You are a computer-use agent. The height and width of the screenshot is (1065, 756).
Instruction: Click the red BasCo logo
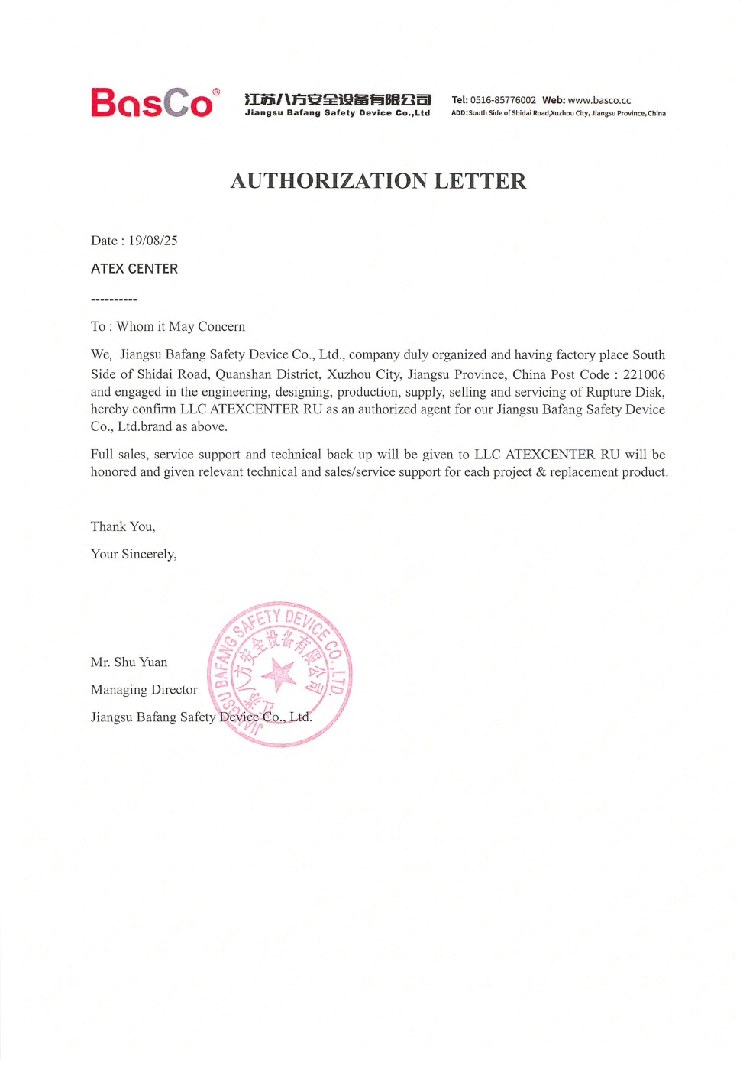[x=152, y=103]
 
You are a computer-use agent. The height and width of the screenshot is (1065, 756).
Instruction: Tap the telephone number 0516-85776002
[x=502, y=100]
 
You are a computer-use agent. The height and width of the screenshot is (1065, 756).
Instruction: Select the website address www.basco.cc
[x=599, y=100]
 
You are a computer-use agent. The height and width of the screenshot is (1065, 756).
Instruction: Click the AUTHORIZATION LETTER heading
[x=378, y=181]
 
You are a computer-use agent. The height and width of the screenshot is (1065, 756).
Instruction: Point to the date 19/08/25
[x=153, y=241]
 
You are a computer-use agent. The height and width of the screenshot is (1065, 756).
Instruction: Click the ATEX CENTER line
[x=134, y=269]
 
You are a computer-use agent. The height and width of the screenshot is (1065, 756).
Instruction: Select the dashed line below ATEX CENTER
[x=114, y=299]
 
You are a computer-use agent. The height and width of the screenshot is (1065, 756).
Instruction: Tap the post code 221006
[x=644, y=374]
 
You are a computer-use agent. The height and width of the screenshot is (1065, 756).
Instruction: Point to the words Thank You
[x=123, y=526]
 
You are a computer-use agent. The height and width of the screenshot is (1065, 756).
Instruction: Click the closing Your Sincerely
[x=134, y=554]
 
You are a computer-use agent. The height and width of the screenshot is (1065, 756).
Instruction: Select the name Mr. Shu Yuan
[x=129, y=662]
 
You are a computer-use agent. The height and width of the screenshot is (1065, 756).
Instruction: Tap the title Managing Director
[x=144, y=690]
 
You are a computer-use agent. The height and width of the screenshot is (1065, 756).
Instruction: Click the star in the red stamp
[x=279, y=675]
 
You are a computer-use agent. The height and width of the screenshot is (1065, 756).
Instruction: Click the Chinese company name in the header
[x=338, y=99]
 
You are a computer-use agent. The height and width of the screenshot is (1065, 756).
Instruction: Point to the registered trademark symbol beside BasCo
[x=216, y=92]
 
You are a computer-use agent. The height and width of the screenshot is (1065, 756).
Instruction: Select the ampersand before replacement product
[x=541, y=472]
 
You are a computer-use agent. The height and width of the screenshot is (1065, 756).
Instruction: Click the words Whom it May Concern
[x=181, y=327]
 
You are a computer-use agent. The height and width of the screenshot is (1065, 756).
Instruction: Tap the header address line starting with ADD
[x=558, y=113]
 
